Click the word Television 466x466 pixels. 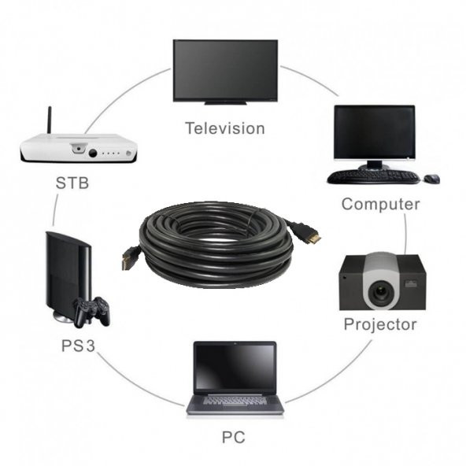pyautogui.click(x=225, y=128)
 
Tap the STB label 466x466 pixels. pyautogui.click(x=72, y=184)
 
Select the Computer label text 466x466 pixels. pyautogui.click(x=380, y=204)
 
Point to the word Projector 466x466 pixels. pyautogui.click(x=380, y=324)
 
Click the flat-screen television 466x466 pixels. pyautogui.click(x=225, y=69)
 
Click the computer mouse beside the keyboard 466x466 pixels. pyautogui.click(x=431, y=179)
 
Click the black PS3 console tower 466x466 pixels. pyautogui.click(x=67, y=272)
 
